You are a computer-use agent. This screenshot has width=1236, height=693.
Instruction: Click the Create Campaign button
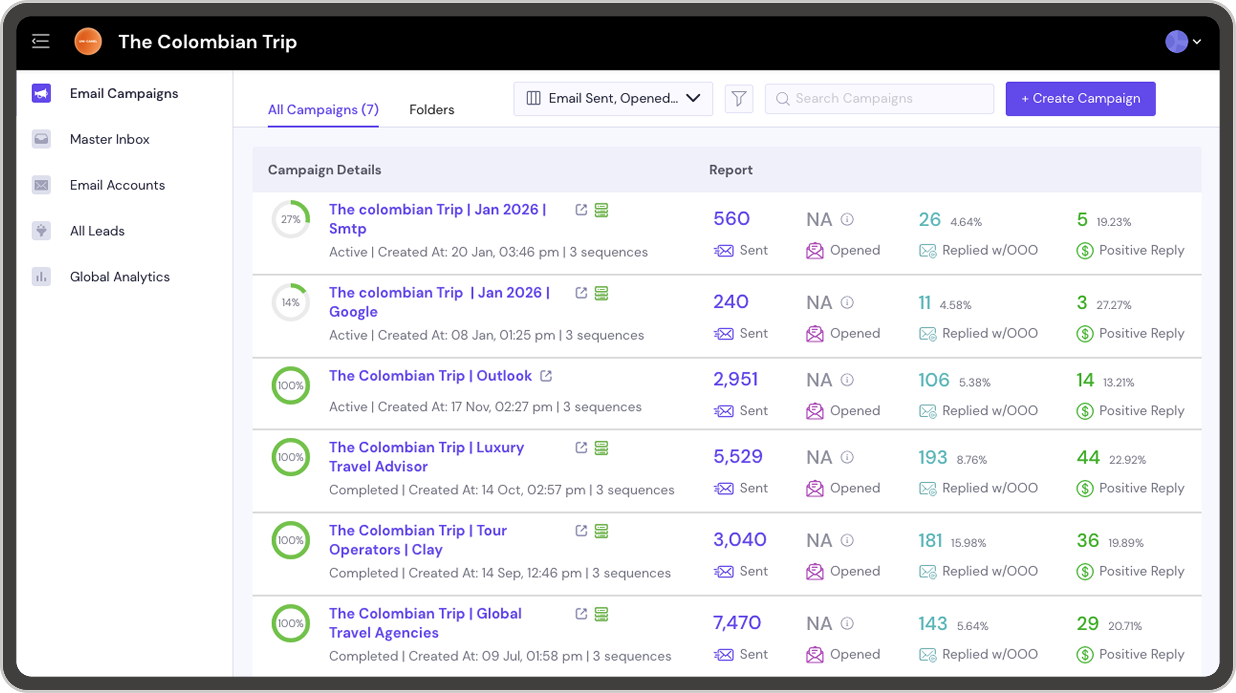click(x=1080, y=99)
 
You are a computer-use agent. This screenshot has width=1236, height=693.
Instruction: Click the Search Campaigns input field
click(x=879, y=99)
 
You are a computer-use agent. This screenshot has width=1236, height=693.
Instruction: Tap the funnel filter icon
click(x=738, y=99)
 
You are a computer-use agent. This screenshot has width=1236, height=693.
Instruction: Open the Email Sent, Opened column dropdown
click(x=613, y=99)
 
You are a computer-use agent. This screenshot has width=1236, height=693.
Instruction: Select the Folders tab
click(x=431, y=110)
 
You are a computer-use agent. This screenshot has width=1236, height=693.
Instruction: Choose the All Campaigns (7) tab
click(x=323, y=110)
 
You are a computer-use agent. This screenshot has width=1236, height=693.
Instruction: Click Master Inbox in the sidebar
click(x=109, y=139)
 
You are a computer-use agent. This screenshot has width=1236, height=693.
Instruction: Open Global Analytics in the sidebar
click(x=119, y=277)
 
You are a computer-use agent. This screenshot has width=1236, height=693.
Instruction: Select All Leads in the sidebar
click(x=97, y=231)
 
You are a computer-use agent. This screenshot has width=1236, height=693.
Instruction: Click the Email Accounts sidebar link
click(x=117, y=185)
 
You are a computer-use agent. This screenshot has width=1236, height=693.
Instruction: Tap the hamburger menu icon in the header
click(x=41, y=42)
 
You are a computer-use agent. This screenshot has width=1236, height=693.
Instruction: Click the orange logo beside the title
click(x=88, y=42)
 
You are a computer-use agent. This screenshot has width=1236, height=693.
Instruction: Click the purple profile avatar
click(x=1176, y=42)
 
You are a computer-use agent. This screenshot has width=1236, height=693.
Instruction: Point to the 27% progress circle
click(x=291, y=219)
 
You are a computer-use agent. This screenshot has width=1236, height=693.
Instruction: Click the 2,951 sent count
click(x=735, y=379)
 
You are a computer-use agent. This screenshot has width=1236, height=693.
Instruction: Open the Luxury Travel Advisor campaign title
click(x=426, y=457)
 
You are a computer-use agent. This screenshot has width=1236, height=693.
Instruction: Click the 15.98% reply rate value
click(x=968, y=543)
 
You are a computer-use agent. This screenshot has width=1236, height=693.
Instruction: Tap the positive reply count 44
click(x=1088, y=457)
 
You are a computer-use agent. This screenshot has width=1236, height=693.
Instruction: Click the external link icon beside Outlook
click(x=546, y=376)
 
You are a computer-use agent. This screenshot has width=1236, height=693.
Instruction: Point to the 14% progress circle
click(x=291, y=303)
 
